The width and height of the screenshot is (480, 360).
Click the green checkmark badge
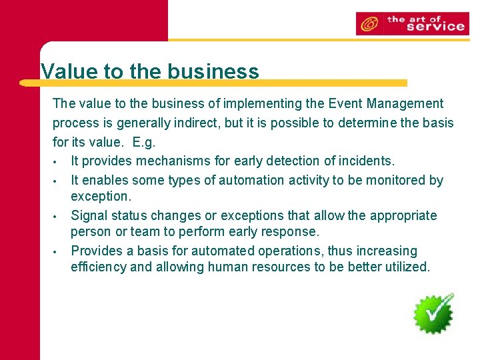[x=433, y=313]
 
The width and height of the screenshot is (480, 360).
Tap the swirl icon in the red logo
[x=369, y=25]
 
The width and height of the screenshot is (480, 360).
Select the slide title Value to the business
[x=149, y=71]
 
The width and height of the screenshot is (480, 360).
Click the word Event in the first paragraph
[x=345, y=103]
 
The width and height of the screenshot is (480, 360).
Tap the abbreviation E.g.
[x=144, y=143]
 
